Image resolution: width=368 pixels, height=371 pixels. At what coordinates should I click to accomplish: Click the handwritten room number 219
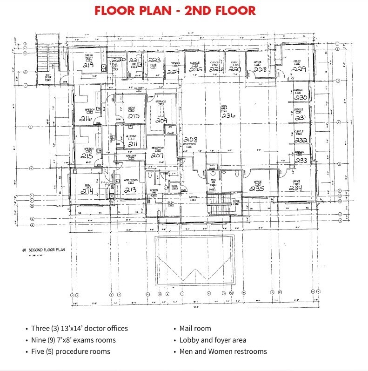(x=89, y=65)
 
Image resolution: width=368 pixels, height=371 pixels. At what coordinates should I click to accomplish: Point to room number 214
(x=87, y=191)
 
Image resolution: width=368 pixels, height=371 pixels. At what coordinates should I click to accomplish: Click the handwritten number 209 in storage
(x=161, y=120)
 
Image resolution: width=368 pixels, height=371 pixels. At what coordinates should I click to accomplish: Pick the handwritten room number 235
(x=257, y=189)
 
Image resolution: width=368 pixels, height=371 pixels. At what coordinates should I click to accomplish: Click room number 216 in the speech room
(x=87, y=118)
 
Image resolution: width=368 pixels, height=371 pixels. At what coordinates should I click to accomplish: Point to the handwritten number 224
(x=174, y=72)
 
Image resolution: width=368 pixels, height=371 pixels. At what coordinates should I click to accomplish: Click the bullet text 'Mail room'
(x=195, y=328)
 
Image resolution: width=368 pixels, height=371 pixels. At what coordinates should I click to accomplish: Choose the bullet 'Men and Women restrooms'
(x=223, y=351)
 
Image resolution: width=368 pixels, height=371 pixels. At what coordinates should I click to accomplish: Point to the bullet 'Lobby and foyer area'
(x=213, y=340)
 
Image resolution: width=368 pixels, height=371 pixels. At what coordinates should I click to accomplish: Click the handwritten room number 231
(x=301, y=118)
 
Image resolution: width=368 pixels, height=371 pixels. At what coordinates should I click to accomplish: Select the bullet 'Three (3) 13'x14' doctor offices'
(x=79, y=328)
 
